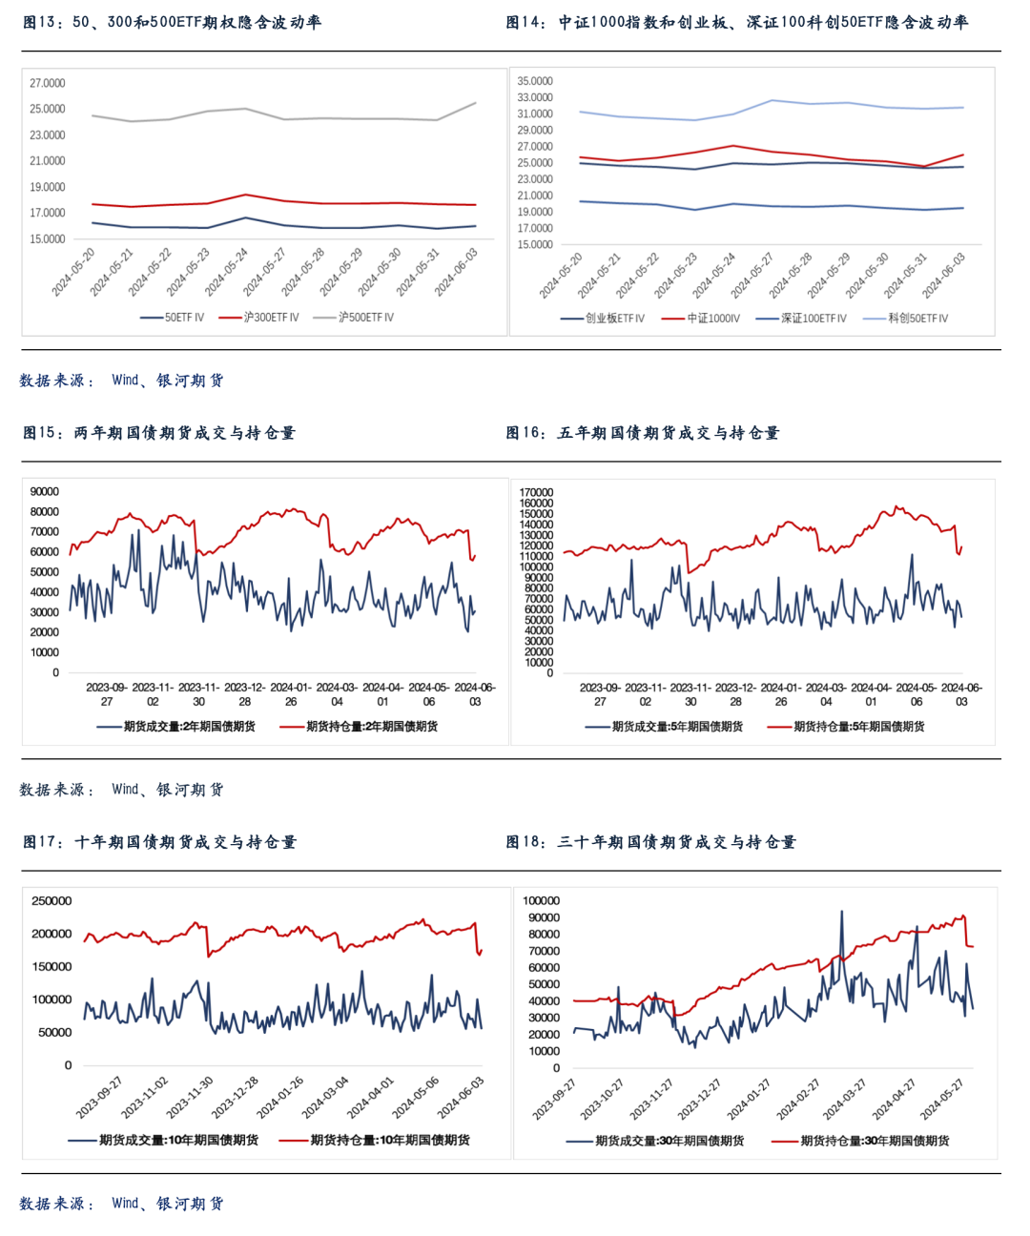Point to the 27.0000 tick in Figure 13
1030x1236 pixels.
point(48,84)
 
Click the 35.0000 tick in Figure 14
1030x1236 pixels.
point(535,81)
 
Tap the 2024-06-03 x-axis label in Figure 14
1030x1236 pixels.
point(944,276)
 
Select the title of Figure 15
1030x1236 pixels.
point(159,433)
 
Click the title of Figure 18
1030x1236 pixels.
point(650,842)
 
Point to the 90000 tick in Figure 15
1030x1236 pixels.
point(45,492)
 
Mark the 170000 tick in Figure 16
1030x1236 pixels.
point(536,493)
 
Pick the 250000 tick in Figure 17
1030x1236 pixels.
point(51,901)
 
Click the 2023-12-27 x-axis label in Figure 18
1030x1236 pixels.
point(700,1100)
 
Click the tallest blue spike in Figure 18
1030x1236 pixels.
point(841,913)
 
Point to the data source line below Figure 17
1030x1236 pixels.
point(122,1204)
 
